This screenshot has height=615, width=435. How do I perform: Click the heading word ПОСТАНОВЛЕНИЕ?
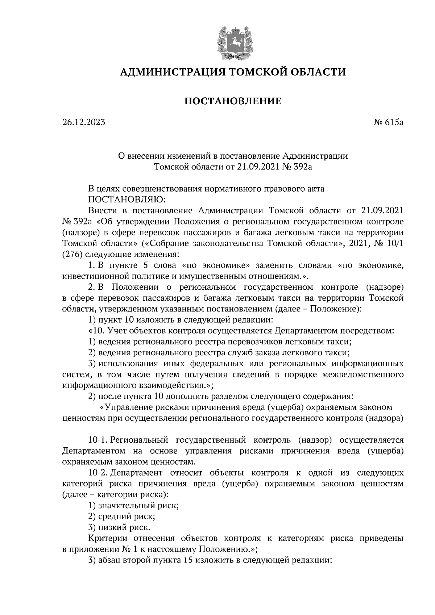coord(233,101)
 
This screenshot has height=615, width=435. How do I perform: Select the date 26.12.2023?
coord(84,122)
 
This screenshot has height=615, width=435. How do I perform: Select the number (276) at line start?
coord(71,254)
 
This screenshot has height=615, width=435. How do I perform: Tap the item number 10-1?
coord(98,440)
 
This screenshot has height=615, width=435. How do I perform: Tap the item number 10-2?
coord(98,473)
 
